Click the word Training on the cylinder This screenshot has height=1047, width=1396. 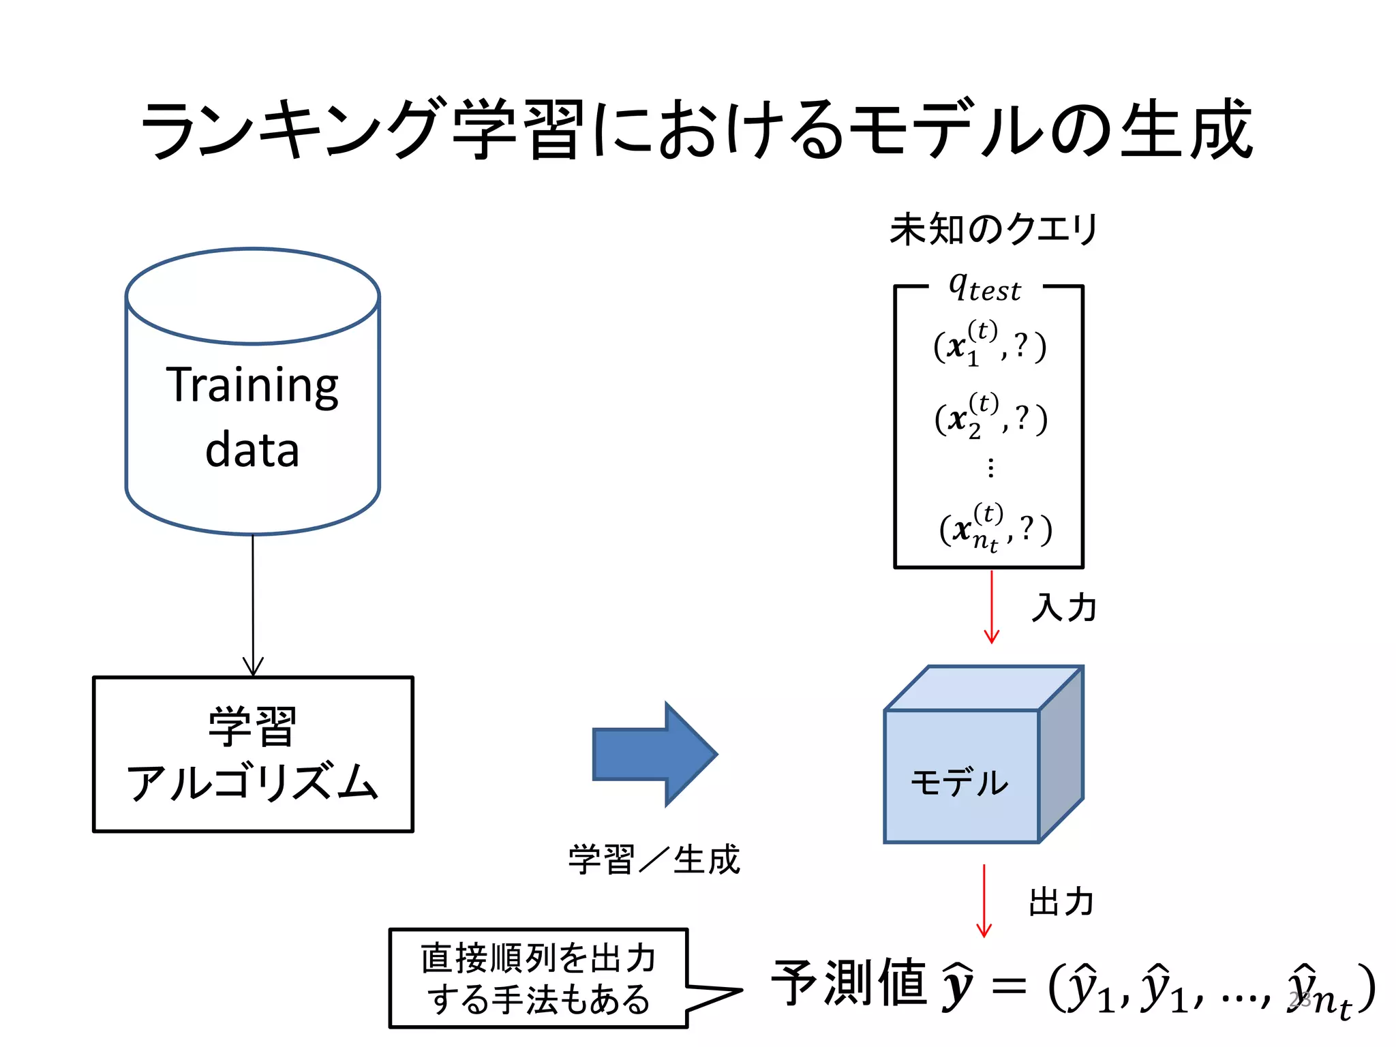click(252, 386)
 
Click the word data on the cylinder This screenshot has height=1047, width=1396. click(252, 451)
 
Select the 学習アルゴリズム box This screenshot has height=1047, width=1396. click(253, 754)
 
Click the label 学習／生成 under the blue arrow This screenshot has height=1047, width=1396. click(654, 860)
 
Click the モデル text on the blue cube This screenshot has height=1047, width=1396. click(959, 782)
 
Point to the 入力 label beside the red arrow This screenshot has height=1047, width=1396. click(1063, 607)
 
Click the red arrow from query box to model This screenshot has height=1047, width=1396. click(991, 607)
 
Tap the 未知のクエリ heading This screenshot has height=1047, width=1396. click(993, 229)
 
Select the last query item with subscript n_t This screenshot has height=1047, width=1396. click(995, 529)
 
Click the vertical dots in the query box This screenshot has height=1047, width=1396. click(990, 468)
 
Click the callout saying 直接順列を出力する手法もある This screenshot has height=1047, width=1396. click(538, 978)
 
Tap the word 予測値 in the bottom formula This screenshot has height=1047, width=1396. click(849, 983)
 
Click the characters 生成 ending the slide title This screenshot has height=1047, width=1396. click(1186, 130)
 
